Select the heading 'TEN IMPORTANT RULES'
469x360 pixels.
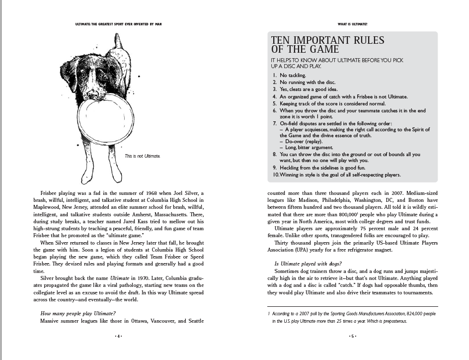tap(327, 40)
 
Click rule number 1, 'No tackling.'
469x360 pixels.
tap(293, 75)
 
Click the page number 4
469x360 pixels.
tap(118, 336)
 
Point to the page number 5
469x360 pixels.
tap(352, 336)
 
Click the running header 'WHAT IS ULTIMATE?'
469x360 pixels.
tap(352, 23)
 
